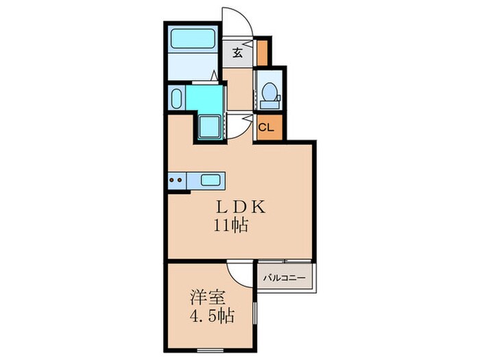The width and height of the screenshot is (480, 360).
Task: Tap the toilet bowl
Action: pos(269,91)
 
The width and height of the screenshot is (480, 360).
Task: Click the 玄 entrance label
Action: pos(237,52)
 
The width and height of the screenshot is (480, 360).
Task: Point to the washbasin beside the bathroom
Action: pos(176,97)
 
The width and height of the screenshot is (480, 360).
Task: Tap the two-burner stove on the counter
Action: pos(176,181)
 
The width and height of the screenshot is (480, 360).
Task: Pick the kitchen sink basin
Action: pos(211,181)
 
